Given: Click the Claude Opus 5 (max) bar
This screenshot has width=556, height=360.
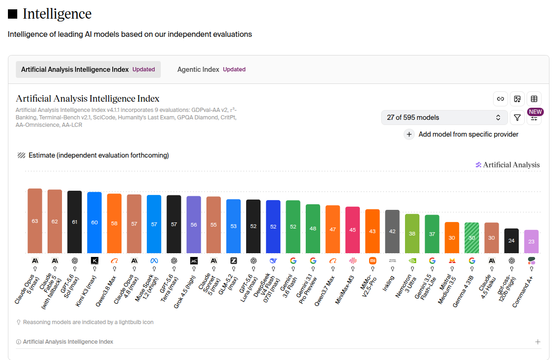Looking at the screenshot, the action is pyautogui.click(x=35, y=221).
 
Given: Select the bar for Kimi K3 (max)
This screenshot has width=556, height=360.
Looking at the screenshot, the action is pyautogui.click(x=94, y=222).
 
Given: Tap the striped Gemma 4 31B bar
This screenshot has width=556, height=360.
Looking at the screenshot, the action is pyautogui.click(x=472, y=238).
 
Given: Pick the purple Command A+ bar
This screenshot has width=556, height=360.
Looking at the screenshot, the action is pyautogui.click(x=531, y=242).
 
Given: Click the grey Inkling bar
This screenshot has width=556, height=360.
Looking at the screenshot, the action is pyautogui.click(x=392, y=232).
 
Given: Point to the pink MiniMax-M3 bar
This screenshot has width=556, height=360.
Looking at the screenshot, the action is pyautogui.click(x=352, y=230).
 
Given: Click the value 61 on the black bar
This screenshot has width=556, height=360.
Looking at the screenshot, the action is pyautogui.click(x=75, y=222).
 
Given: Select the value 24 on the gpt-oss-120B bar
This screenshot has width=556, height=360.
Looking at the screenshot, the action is pyautogui.click(x=511, y=241).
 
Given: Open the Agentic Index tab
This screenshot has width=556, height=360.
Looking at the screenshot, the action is pyautogui.click(x=211, y=69).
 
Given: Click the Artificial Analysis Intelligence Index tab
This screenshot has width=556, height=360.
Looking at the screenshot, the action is pyautogui.click(x=88, y=69).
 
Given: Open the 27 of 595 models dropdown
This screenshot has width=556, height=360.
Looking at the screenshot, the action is pyautogui.click(x=444, y=118).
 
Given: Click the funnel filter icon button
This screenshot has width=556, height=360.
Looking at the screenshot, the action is pyautogui.click(x=517, y=118).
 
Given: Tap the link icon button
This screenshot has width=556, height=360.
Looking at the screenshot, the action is pyautogui.click(x=501, y=99).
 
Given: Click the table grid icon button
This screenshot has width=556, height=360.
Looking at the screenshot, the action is pyautogui.click(x=534, y=99).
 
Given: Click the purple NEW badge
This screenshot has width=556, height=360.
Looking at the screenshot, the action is pyautogui.click(x=535, y=112).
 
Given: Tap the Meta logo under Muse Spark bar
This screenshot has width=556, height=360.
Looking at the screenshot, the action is pyautogui.click(x=154, y=261).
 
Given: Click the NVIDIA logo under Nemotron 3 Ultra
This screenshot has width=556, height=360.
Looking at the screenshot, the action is pyautogui.click(x=412, y=261).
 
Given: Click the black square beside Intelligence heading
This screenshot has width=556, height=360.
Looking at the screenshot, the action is pyautogui.click(x=13, y=14).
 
